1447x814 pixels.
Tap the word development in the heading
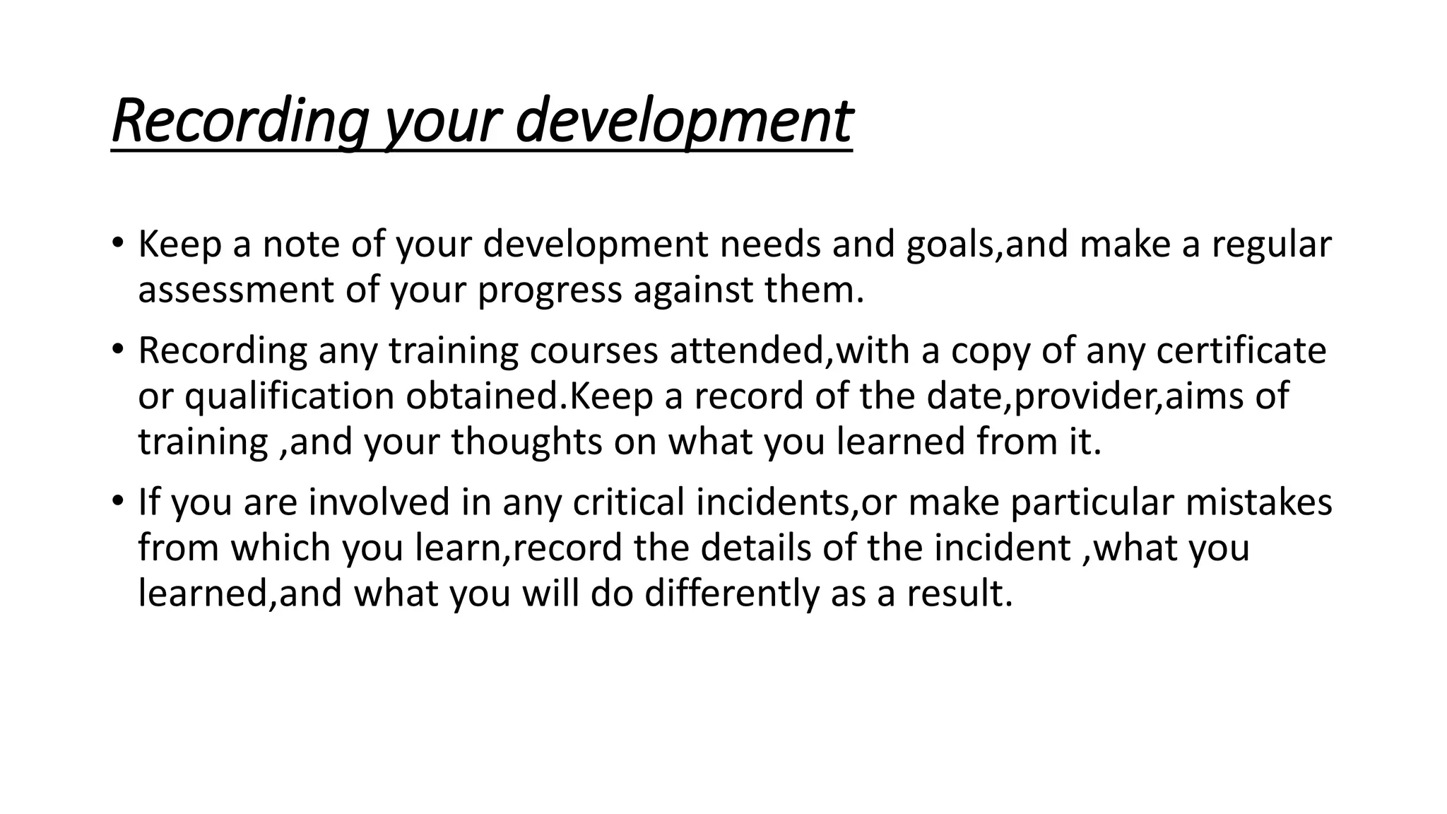click(x=683, y=122)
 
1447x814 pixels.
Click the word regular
click(x=1271, y=244)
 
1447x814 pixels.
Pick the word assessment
click(x=235, y=290)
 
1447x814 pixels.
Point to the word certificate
click(x=1241, y=350)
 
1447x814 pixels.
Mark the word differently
click(x=731, y=593)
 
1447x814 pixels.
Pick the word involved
click(x=379, y=502)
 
